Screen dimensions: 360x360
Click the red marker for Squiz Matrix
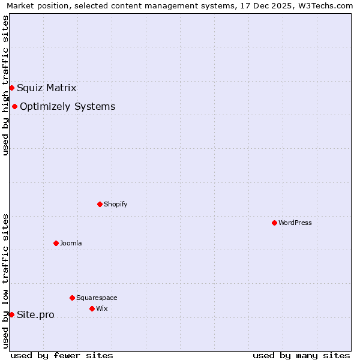point(11,88)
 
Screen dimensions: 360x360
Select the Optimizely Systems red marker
point(14,107)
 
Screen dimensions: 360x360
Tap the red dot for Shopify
point(100,205)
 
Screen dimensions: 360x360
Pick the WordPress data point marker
point(274,223)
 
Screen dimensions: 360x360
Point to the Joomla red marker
point(56,244)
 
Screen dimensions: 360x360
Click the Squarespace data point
point(72,298)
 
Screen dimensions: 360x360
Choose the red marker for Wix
point(92,309)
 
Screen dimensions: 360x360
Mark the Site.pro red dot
point(11,315)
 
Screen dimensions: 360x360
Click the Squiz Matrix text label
point(47,88)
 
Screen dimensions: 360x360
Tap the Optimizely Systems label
point(68,107)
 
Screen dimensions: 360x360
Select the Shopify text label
point(116,205)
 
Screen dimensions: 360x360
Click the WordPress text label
point(295,223)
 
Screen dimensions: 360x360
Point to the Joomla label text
point(71,244)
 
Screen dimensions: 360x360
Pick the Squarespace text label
point(97,298)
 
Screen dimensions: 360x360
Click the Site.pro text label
point(35,315)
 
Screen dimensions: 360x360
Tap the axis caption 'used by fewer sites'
point(62,355)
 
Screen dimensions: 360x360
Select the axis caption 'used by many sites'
point(301,355)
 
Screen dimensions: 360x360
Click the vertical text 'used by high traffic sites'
point(5,85)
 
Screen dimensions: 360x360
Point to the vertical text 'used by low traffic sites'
point(5,280)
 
